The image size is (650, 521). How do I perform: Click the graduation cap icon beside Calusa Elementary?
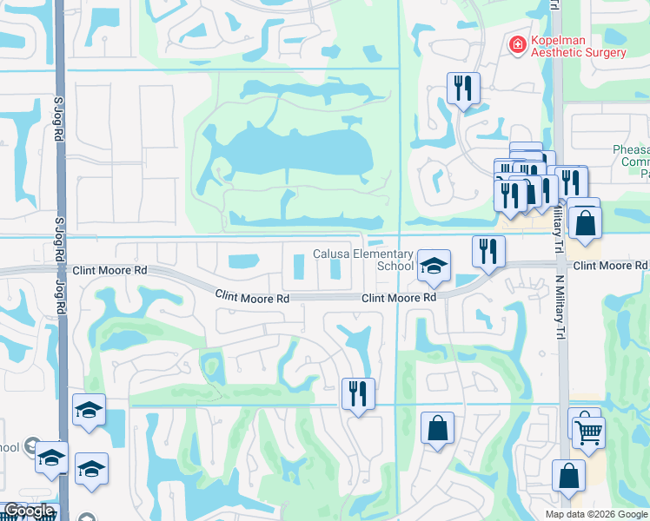point(433,266)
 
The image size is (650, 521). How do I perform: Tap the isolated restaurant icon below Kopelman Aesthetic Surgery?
point(461,88)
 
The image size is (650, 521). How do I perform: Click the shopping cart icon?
point(589,432)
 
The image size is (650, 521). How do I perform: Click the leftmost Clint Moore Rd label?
point(110,271)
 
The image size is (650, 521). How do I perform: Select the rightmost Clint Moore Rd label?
point(610,265)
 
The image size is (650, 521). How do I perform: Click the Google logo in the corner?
point(29,511)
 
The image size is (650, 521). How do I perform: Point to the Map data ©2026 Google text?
point(596,514)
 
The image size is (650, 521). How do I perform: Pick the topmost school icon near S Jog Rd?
point(89,410)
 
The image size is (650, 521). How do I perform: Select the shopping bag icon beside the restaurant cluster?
point(587,223)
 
